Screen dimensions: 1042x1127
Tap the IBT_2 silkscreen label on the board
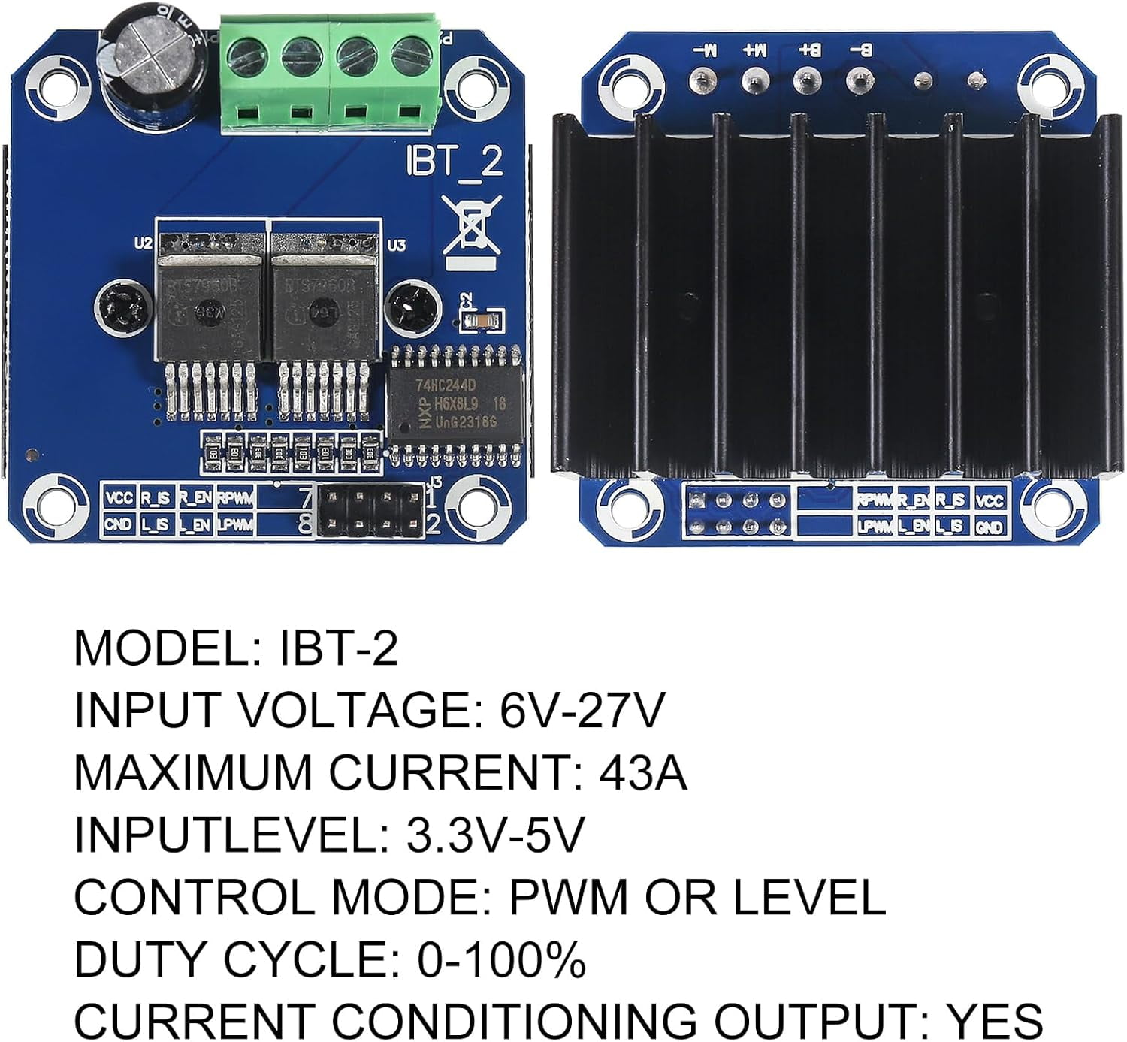tap(454, 162)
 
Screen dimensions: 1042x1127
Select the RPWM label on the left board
tap(235, 497)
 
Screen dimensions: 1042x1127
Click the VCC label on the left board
tap(119, 497)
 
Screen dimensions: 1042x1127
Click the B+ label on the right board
tap(808, 51)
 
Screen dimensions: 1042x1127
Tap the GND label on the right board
tap(989, 527)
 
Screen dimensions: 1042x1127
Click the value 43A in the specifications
tap(642, 772)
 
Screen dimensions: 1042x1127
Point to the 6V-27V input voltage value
tap(582, 710)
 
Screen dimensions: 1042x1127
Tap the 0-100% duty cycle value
tap(501, 959)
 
